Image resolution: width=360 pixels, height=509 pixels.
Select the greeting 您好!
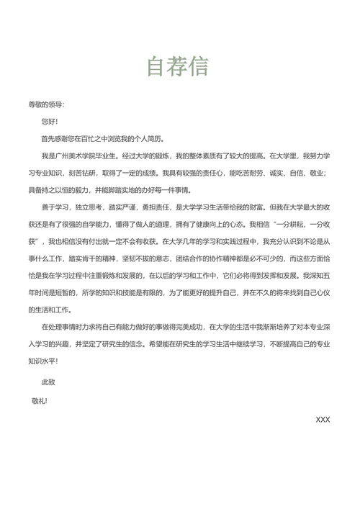click(x=50, y=122)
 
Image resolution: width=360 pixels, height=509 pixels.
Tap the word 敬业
click(x=320, y=173)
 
